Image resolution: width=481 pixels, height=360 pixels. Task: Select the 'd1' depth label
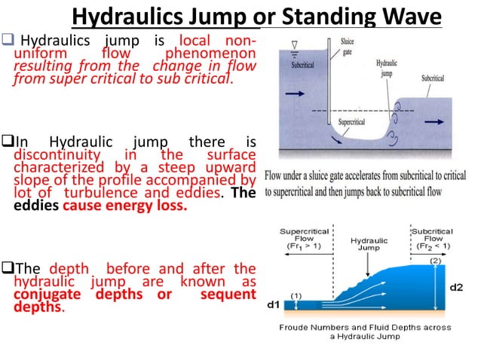[276, 305]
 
